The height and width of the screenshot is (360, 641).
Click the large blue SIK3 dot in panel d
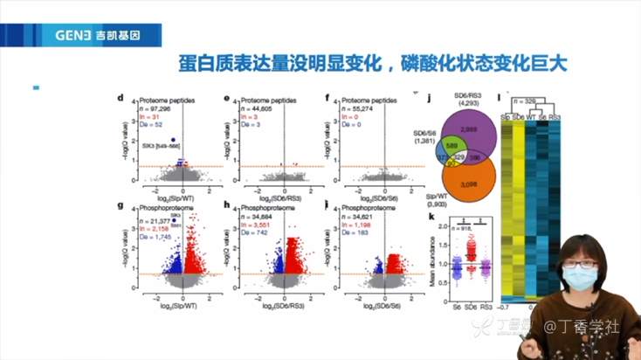[x=174, y=140]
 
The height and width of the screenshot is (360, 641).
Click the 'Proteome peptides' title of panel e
[x=270, y=100]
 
